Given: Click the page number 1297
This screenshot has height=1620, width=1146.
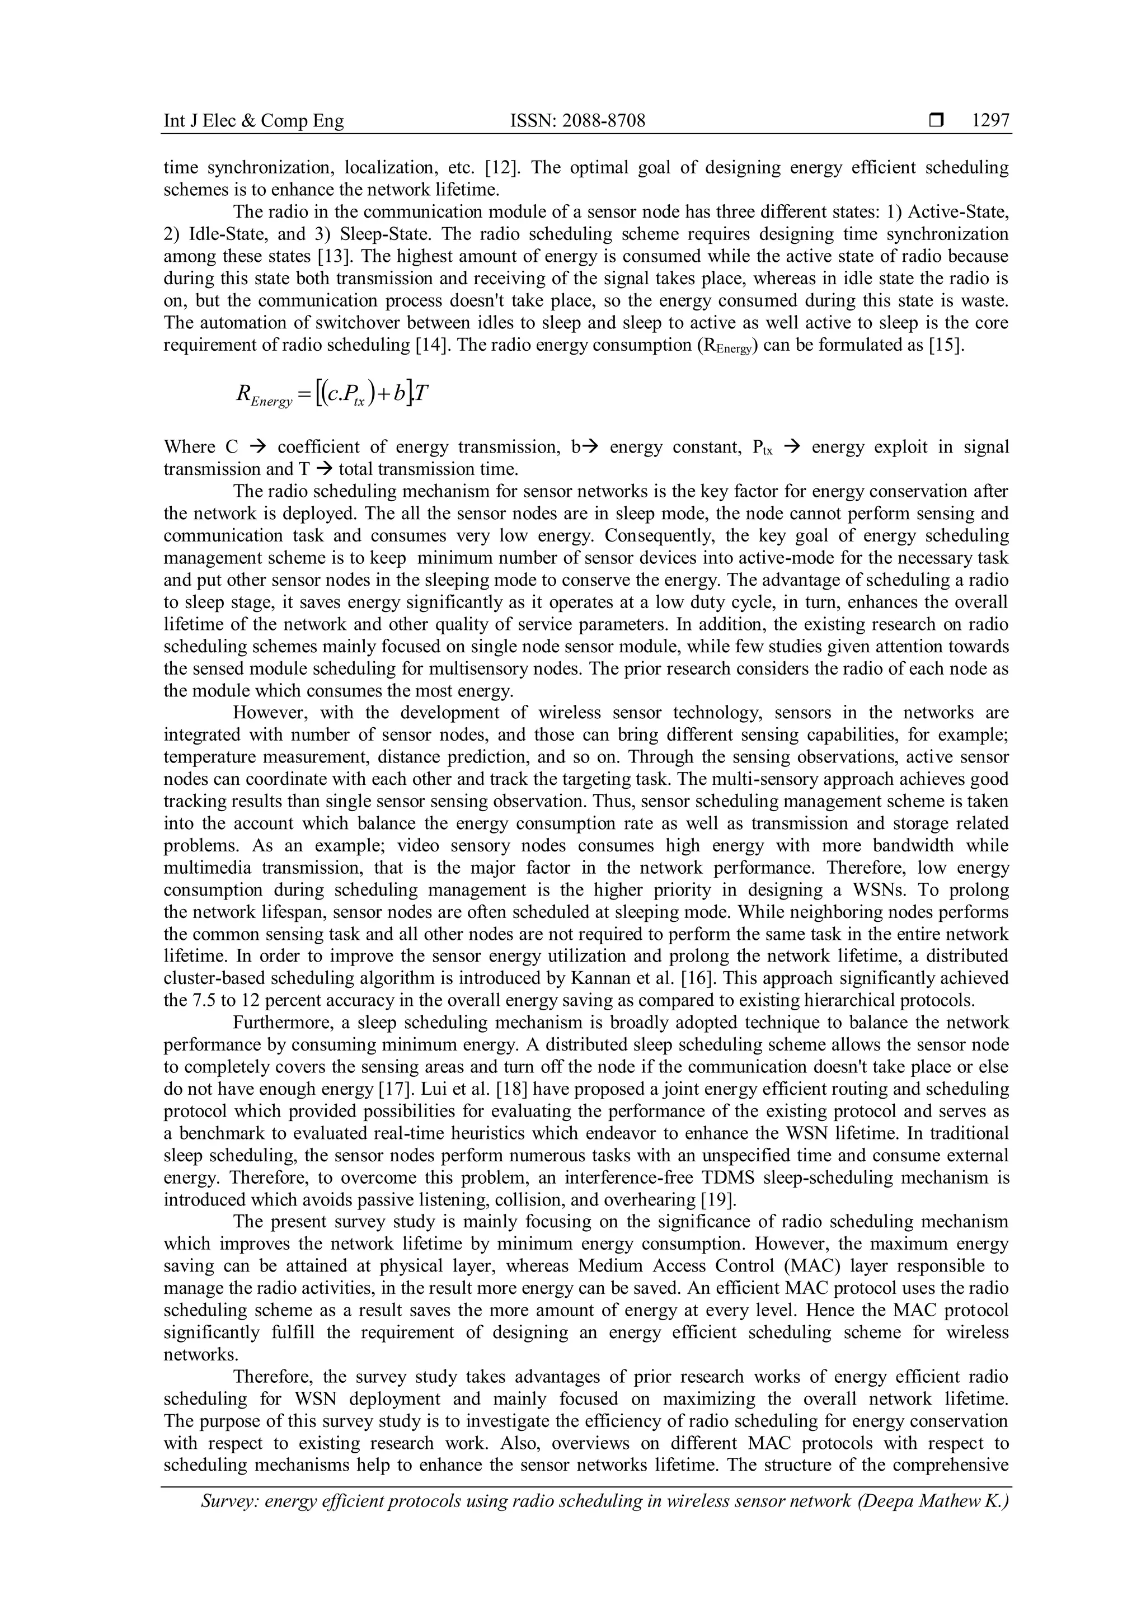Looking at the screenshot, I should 991,121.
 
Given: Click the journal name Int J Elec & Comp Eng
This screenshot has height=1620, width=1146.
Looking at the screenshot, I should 254,121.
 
